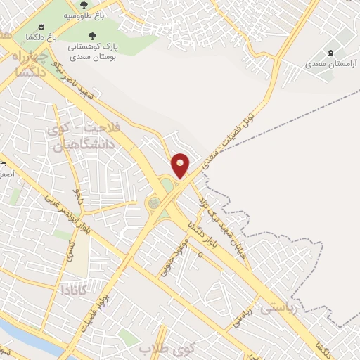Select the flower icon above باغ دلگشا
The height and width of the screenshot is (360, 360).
click(x=32, y=27)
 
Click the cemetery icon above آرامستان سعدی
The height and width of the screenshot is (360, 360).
click(x=331, y=53)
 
